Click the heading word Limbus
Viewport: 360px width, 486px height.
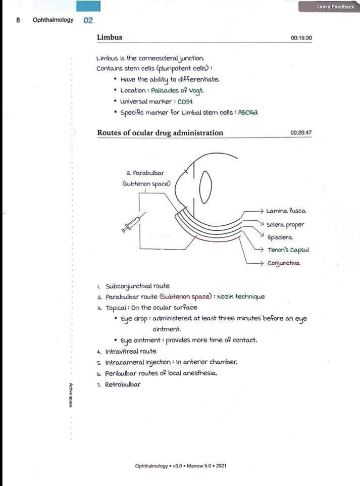point(110,37)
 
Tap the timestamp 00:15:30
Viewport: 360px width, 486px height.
point(301,38)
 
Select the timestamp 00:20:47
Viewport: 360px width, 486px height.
point(301,133)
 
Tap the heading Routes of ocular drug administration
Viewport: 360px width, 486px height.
point(160,133)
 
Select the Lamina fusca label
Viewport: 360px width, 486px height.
point(286,211)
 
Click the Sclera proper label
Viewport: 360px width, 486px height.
point(285,224)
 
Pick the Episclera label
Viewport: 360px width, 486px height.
point(280,237)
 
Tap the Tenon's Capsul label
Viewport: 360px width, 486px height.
point(288,250)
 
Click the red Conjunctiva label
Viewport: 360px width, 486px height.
point(284,263)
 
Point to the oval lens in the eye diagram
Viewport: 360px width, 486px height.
point(205,187)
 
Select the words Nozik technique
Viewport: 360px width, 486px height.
point(241,297)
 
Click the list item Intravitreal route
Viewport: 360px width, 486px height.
point(131,351)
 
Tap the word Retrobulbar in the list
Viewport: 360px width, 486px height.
point(123,384)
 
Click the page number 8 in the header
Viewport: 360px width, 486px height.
point(18,20)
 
